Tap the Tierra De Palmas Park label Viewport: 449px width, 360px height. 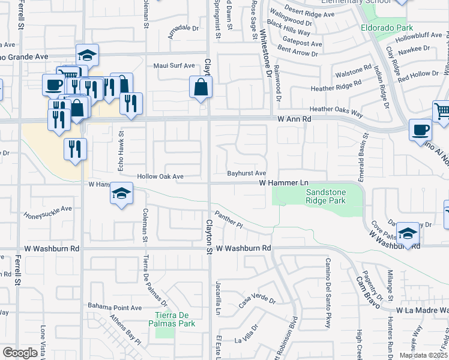tap(176, 320)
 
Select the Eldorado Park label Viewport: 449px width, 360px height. tap(388, 28)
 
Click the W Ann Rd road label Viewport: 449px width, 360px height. tap(294, 119)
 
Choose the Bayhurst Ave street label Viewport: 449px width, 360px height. tap(246, 173)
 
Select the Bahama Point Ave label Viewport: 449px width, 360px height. tap(115, 307)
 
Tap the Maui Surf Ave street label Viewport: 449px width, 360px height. tap(174, 66)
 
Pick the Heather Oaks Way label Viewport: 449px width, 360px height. tap(337, 110)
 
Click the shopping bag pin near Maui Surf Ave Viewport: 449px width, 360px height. tap(200, 88)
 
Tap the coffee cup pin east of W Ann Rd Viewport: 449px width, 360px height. tap(420, 130)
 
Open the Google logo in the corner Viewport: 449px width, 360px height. tap(20, 353)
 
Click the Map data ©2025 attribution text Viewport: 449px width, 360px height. tap(423, 355)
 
